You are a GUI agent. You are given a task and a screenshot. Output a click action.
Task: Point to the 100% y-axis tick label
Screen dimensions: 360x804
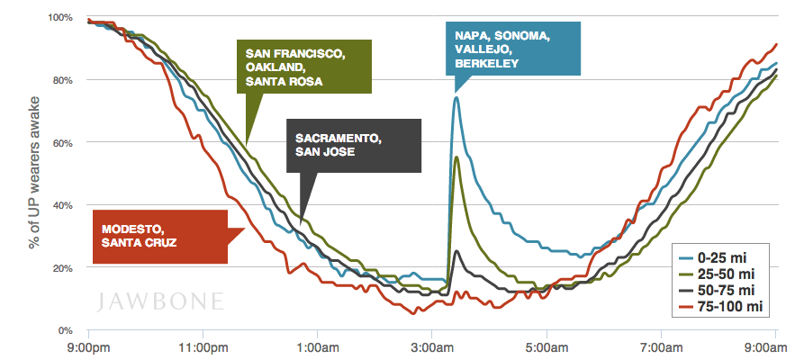click(x=60, y=17)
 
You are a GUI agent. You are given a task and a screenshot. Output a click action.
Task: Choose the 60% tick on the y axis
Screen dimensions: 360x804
click(x=63, y=142)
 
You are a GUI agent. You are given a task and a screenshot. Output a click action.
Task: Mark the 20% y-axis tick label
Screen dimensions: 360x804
click(x=63, y=268)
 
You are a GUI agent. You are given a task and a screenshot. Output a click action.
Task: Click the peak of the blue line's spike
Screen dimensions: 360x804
click(x=456, y=98)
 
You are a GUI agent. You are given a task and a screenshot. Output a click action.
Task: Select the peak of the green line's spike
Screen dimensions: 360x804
click(x=457, y=157)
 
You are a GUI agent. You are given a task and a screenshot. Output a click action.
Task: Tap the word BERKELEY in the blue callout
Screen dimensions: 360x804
click(x=487, y=63)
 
